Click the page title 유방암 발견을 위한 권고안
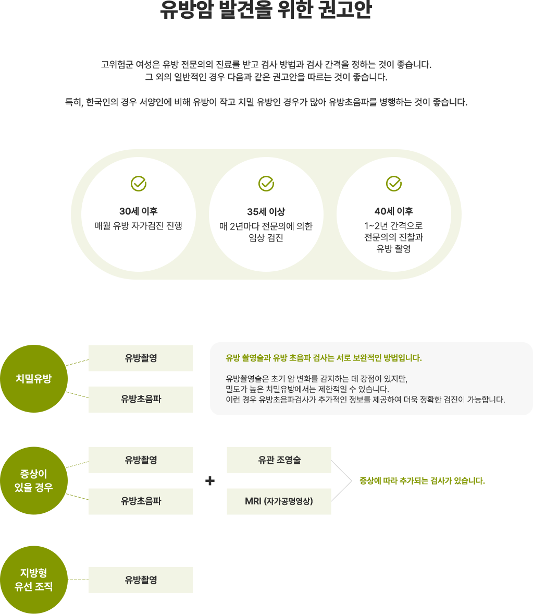[266, 10]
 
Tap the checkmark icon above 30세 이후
[138, 184]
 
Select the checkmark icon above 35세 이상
[266, 184]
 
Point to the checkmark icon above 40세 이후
[394, 184]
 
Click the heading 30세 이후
[138, 211]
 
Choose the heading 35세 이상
[266, 211]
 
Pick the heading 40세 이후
[394, 211]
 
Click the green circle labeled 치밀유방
[34, 379]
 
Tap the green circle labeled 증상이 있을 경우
[34, 480]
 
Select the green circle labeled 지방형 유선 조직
[34, 580]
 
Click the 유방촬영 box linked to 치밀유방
[141, 358]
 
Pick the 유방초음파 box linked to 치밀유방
[141, 399]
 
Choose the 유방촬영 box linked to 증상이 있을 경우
[141, 460]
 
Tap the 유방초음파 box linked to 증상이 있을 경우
[141, 501]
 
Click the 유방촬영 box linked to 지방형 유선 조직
[141, 580]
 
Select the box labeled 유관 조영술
[279, 460]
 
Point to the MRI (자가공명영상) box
[279, 501]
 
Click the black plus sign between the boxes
[210, 481]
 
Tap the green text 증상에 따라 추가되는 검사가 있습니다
[422, 481]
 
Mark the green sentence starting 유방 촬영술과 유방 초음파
[324, 358]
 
